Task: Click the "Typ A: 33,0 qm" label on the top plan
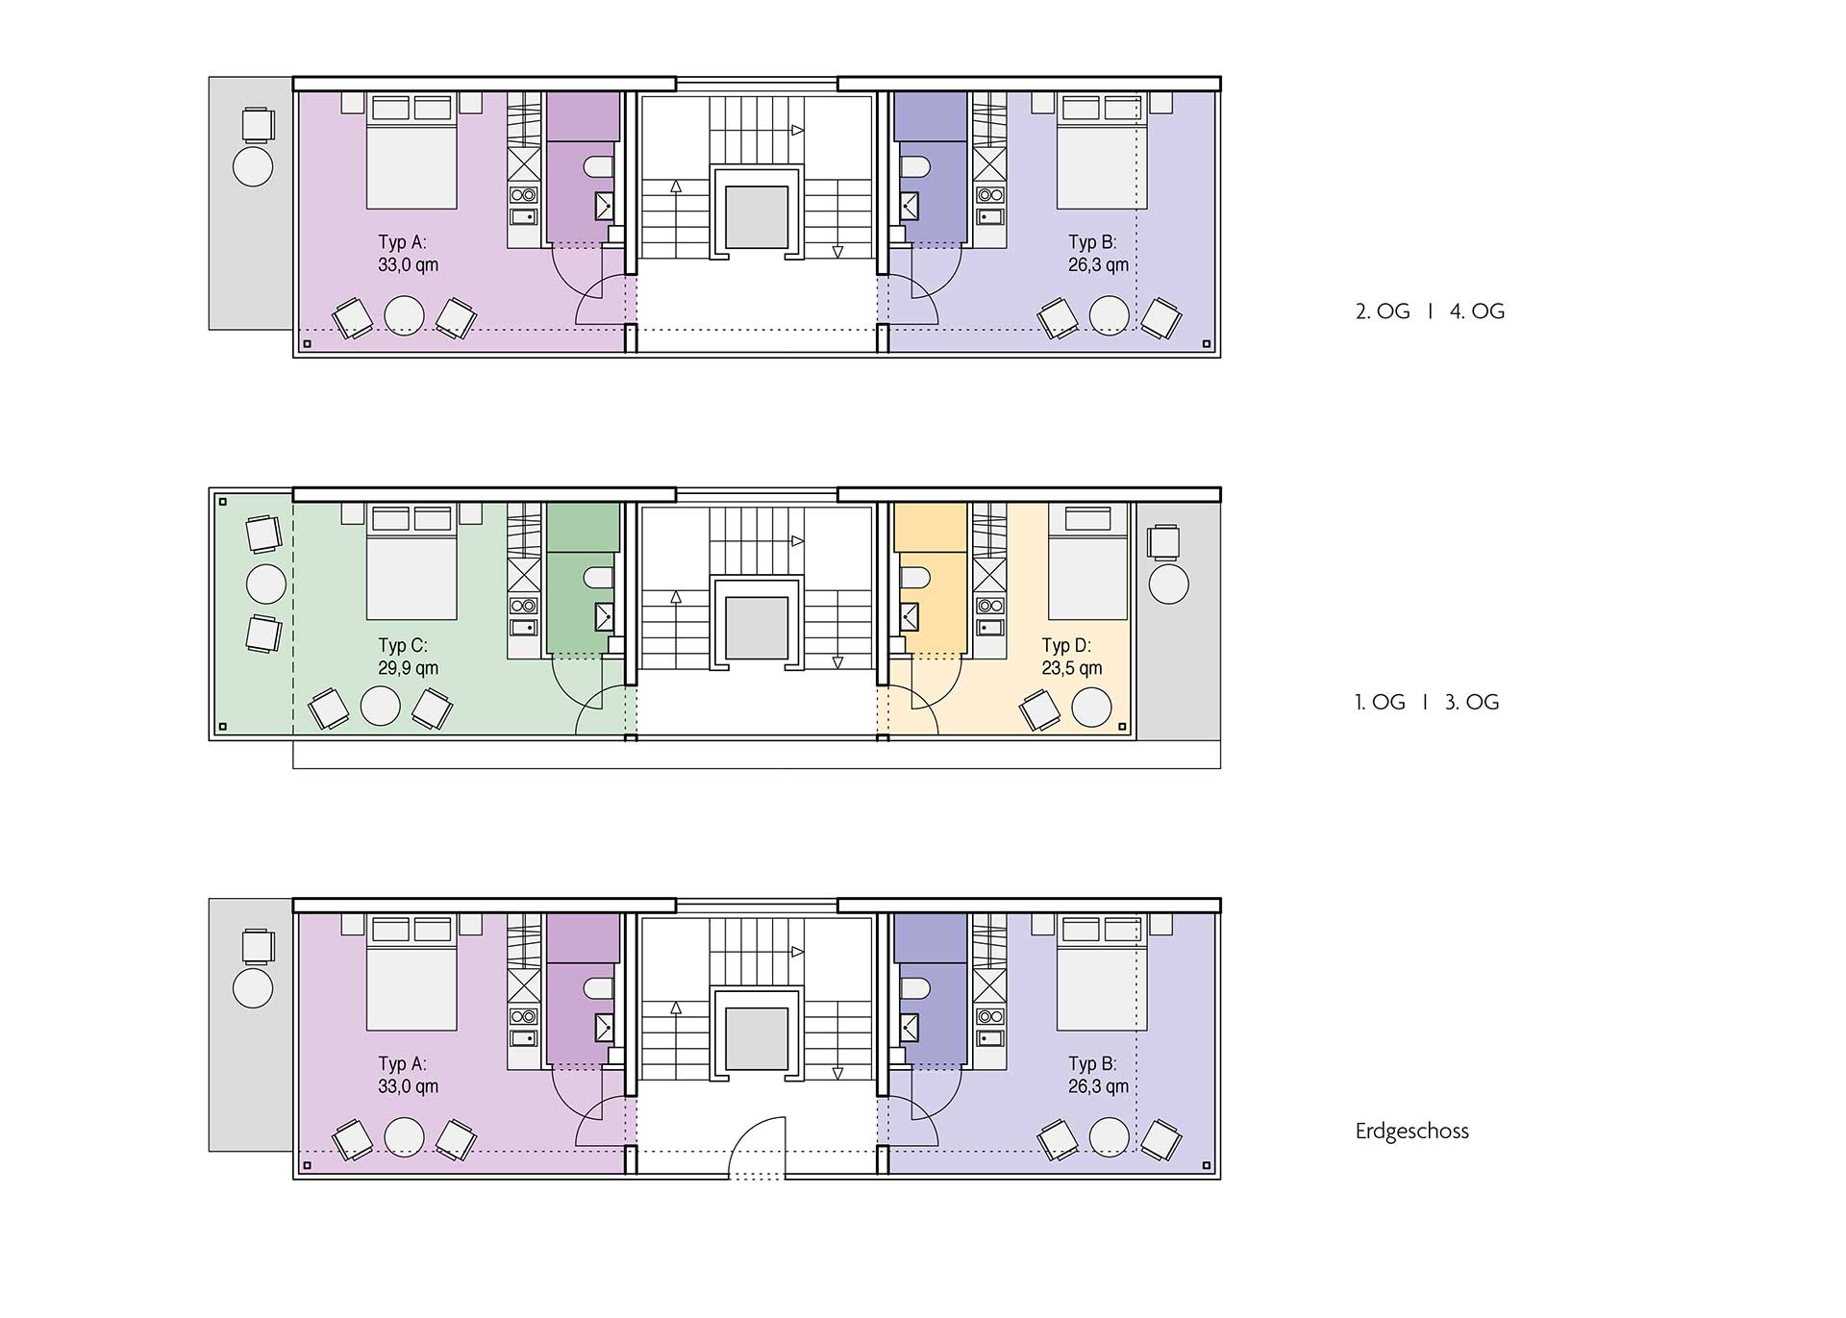tap(409, 254)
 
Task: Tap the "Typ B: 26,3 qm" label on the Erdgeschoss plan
tap(1098, 1076)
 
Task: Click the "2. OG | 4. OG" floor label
tap(1430, 311)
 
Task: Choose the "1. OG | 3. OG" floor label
tap(1427, 703)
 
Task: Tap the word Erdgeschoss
tap(1412, 1131)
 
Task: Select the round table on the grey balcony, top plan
tap(253, 166)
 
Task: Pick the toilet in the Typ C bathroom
tap(598, 578)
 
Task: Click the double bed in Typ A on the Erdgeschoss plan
tap(412, 973)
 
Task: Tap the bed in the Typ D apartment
tap(1087, 561)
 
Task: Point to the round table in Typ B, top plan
tap(1109, 315)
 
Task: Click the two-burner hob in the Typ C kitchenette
tap(523, 606)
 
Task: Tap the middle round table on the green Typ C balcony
tap(266, 584)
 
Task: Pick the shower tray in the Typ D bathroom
tap(909, 616)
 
